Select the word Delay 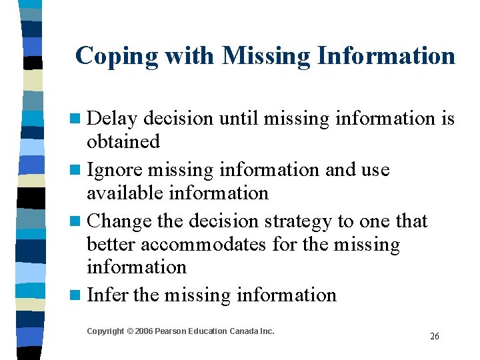(112, 119)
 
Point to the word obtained (123, 141)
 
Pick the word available (125, 193)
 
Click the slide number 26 (435, 337)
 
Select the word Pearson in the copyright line (175, 331)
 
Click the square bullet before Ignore (79, 170)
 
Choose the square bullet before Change (79, 221)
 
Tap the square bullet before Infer (79, 295)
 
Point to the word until (239, 119)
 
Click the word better (111, 245)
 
